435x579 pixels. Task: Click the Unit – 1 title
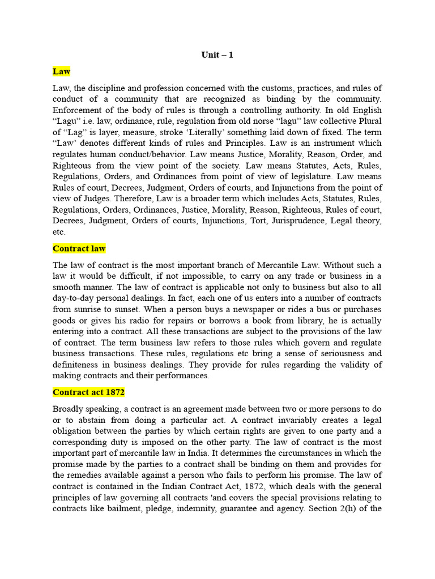tap(217, 55)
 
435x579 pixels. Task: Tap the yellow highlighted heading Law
tap(61, 71)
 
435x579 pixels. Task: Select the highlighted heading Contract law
tap(79, 248)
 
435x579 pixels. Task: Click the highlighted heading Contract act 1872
tap(88, 392)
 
